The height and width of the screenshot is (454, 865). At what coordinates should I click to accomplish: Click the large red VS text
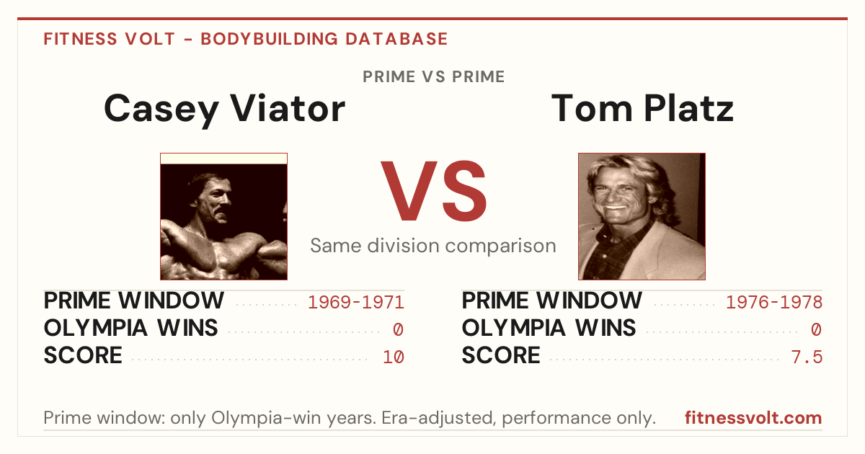click(x=433, y=191)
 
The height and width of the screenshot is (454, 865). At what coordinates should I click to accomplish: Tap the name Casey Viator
click(x=224, y=110)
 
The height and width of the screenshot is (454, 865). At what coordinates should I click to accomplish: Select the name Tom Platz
click(x=642, y=109)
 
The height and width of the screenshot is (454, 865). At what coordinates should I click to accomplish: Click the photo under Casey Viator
click(x=224, y=217)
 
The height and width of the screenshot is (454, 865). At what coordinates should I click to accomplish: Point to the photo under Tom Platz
click(x=642, y=217)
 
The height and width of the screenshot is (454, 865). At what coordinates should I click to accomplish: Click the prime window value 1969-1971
click(x=356, y=302)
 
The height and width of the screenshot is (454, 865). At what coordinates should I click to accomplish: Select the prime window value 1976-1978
click(x=774, y=302)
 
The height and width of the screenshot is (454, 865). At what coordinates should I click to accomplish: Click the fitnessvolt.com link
click(x=753, y=418)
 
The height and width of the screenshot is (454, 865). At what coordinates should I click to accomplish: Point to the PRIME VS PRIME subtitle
click(x=434, y=77)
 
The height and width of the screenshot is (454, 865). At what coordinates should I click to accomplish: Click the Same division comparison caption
click(x=433, y=246)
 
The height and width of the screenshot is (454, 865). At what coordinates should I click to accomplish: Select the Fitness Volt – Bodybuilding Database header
click(x=246, y=39)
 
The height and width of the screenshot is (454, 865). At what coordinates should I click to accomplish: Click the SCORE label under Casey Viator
click(x=83, y=355)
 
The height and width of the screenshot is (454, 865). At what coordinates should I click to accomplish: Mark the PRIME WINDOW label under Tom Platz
click(x=552, y=301)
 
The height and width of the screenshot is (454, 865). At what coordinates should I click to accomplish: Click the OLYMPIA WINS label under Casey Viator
click(x=131, y=328)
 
